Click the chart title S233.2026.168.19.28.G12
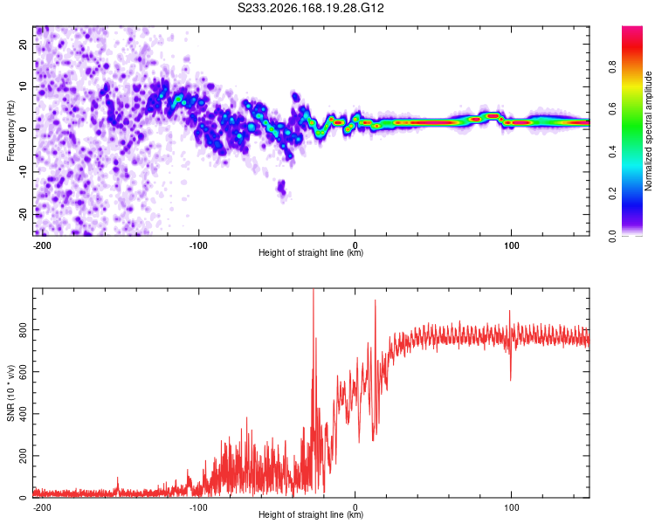310,8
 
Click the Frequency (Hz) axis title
10,131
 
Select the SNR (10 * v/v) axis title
10,393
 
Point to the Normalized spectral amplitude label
648,131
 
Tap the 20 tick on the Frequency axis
24,44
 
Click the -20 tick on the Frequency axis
24,215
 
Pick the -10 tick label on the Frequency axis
24,172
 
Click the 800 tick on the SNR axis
24,330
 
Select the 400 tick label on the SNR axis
24,414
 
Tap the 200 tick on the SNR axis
24,456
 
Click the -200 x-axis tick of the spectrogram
42,245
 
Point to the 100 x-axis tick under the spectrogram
511,245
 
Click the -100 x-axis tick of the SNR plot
198,507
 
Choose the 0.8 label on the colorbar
612,67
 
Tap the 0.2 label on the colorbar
612,194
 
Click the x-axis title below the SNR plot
311,514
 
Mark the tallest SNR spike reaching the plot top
314,293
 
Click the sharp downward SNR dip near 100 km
511,368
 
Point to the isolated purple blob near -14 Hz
282,187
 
